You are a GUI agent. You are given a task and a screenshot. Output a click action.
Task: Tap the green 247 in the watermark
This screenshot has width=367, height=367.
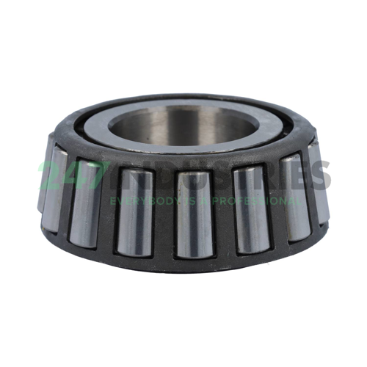(70, 175)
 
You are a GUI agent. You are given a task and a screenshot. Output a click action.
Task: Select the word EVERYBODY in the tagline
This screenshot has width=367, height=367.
(143, 200)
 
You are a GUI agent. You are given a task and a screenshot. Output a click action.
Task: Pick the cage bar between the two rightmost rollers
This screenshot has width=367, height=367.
(308, 187)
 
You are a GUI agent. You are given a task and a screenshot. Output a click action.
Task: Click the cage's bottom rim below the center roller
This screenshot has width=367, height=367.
(194, 266)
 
